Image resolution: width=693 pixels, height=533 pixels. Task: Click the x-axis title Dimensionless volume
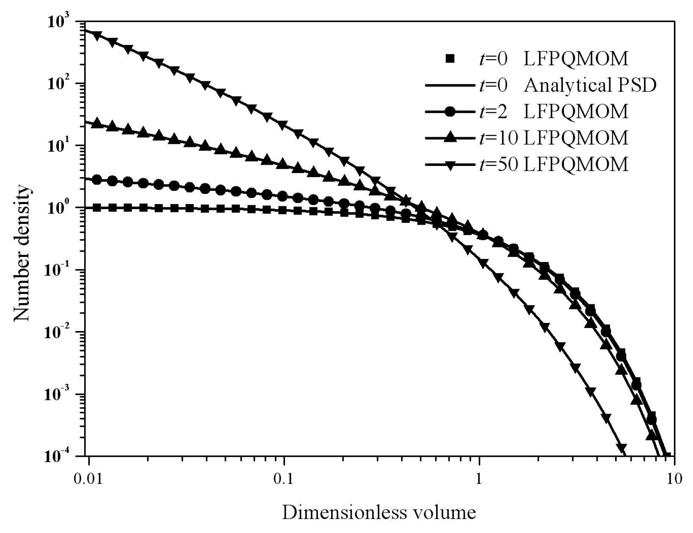coord(379,513)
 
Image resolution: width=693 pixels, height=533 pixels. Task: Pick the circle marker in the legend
coord(450,112)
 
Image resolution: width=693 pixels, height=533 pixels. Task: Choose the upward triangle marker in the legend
coord(450,138)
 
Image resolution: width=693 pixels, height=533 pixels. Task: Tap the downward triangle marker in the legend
coord(450,164)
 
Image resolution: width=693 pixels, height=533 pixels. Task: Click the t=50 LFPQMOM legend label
coord(553,164)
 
